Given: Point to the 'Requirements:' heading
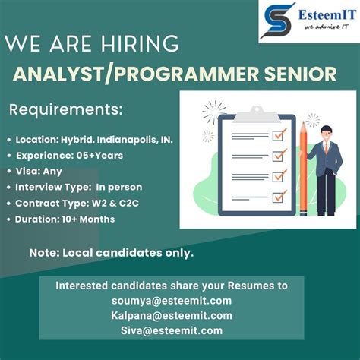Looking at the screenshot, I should tap(65, 109).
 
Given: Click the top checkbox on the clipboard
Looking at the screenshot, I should tap(279, 135).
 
